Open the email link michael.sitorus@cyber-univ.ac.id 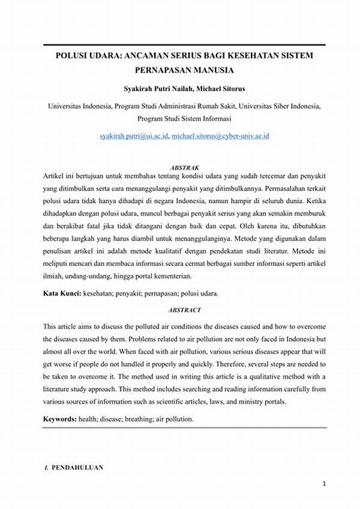point(220,136)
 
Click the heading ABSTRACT point(185,310)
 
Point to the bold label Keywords point(60,419)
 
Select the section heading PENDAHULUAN point(77,467)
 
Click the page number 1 point(323,483)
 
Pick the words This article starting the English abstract point(60,327)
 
